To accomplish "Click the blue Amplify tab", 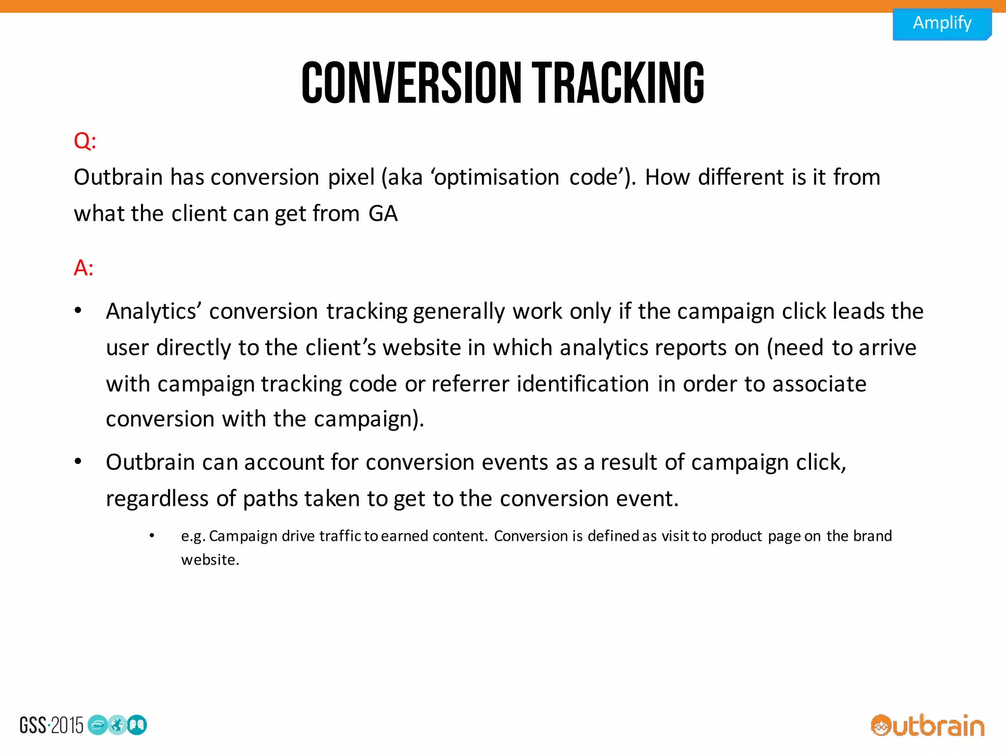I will pos(942,23).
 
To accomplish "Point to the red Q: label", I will pos(85,141).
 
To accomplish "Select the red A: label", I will pos(84,268).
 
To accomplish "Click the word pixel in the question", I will pos(351,177).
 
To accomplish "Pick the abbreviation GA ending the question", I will pos(383,214).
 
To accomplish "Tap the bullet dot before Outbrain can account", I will pos(78,462).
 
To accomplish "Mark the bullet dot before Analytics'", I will pos(78,311).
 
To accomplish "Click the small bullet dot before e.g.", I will pos(152,535).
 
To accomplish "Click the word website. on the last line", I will pos(210,560).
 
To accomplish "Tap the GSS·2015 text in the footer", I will pos(52,726).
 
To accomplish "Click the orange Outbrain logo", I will pos(927,726).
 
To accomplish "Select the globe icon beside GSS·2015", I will pos(117,725).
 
